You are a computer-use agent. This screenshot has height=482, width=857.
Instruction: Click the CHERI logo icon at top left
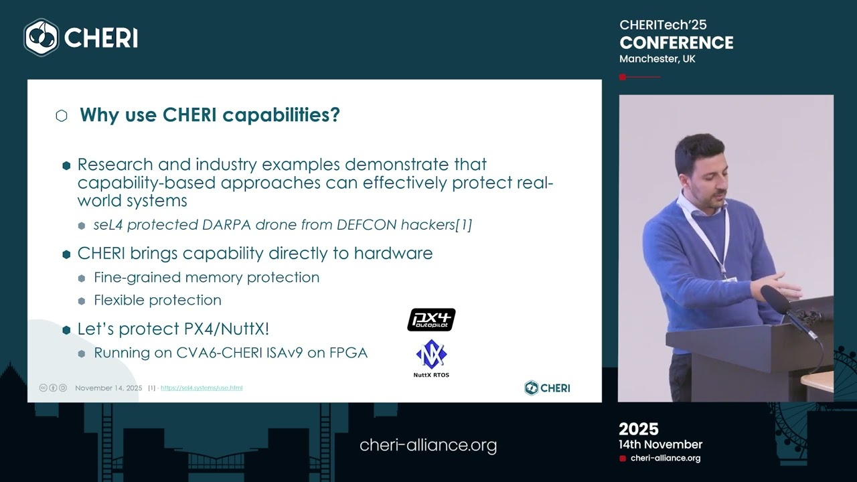coord(42,37)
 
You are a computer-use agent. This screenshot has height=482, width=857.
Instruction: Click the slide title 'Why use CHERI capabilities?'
coord(210,115)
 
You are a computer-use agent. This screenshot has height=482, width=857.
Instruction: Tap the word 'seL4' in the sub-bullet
coord(108,225)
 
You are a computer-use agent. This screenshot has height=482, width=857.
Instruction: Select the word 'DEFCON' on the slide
coord(367,225)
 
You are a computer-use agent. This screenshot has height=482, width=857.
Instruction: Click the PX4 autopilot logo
coord(431,319)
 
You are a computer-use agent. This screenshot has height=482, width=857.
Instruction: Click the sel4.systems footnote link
coord(202,388)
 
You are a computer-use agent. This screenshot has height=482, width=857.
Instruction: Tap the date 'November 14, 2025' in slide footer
coord(108,388)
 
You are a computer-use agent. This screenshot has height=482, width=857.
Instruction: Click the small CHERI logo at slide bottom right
coord(547,388)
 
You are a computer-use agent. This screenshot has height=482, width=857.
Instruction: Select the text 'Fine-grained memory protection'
coord(206,277)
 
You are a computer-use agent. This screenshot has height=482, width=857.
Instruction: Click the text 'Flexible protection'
coord(157,300)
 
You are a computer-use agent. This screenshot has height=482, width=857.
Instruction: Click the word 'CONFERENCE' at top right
coord(676,43)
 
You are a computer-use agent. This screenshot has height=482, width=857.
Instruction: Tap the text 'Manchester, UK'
coord(657,59)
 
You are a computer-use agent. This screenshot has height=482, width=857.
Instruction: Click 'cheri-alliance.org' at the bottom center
coord(428,445)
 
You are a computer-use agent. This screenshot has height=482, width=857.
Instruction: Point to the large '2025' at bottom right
coord(638,429)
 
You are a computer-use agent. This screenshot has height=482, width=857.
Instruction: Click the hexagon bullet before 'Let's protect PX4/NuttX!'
coord(66,329)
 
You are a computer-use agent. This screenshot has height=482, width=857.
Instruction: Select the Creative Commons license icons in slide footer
coord(53,388)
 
